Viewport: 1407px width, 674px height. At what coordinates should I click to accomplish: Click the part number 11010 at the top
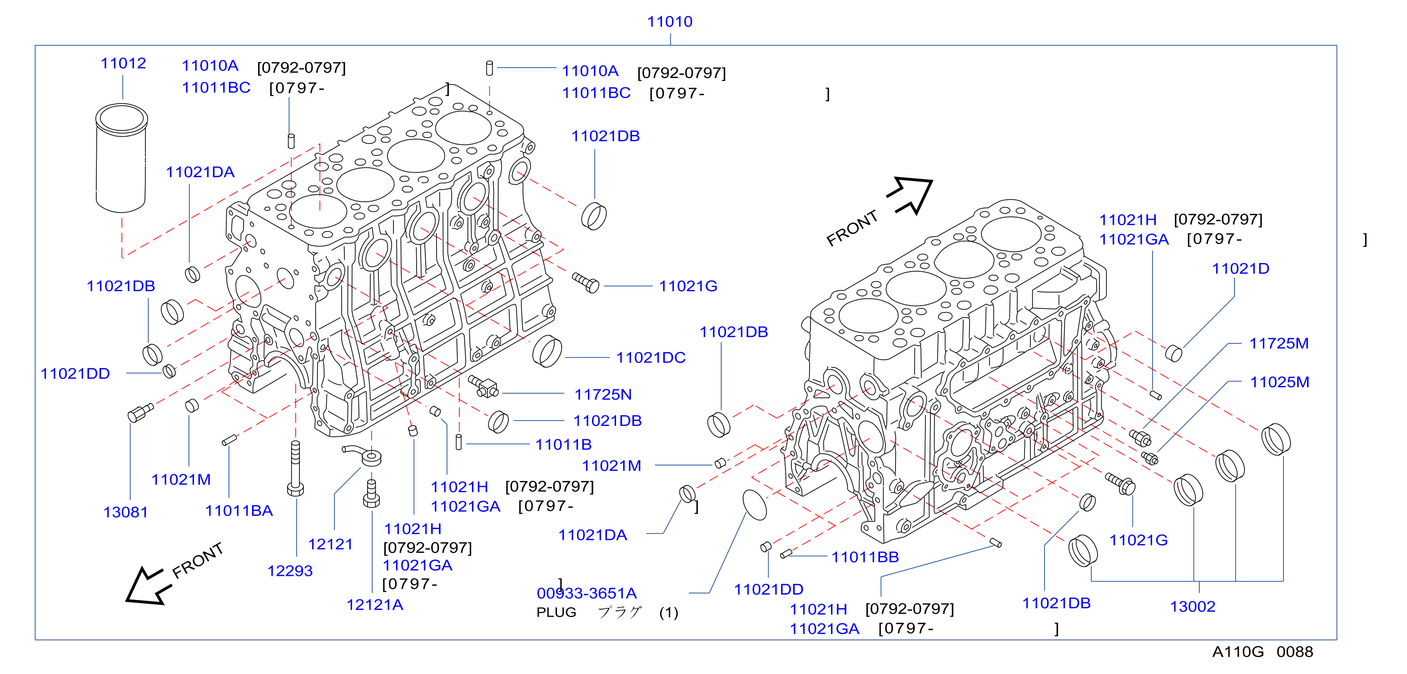click(670, 22)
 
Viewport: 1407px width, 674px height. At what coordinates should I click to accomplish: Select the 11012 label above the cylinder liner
click(124, 64)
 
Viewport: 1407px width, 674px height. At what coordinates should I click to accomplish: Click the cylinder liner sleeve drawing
click(121, 158)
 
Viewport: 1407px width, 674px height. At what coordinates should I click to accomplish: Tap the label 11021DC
click(651, 358)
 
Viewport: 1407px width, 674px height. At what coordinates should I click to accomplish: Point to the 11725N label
click(603, 394)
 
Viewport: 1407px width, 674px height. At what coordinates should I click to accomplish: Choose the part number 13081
click(126, 512)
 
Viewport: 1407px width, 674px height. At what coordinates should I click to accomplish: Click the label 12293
click(289, 571)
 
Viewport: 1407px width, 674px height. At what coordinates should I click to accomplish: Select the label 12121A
click(375, 605)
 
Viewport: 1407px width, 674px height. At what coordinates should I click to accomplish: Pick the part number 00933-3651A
click(587, 593)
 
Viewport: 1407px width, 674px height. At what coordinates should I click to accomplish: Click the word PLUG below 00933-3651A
click(556, 612)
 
